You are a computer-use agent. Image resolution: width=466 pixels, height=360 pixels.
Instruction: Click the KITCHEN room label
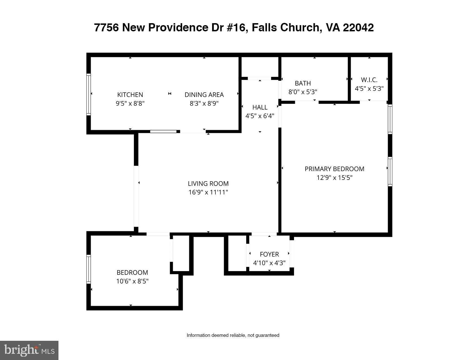pos(130,95)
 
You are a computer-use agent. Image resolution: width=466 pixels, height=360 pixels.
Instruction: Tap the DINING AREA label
pos(204,95)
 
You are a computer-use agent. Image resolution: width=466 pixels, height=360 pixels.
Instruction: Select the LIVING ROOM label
pos(208,184)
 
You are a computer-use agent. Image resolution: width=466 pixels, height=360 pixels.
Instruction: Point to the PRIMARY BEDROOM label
pos(334,169)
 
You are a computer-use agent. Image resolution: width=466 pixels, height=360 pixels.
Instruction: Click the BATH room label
pos(303,83)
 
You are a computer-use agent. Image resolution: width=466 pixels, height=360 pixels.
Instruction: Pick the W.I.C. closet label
pos(369,80)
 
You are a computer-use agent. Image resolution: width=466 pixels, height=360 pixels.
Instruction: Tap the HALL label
pos(260,107)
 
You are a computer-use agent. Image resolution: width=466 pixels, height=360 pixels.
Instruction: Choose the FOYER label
pos(269,254)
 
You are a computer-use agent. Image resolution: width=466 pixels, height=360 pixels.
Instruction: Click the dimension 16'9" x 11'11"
pos(208,192)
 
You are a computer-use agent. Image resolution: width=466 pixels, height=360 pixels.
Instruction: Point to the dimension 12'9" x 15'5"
pos(334,178)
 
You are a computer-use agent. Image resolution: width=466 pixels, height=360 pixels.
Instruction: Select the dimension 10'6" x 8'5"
pos(132,281)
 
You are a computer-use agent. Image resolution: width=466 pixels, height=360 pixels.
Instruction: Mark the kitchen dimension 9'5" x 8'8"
pos(130,103)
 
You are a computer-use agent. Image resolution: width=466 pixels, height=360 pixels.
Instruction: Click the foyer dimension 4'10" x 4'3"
pos(269,263)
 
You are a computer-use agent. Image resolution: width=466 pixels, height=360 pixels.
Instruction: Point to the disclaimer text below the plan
pos(233,335)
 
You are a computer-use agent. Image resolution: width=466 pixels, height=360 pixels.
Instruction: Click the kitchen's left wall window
pos(89,94)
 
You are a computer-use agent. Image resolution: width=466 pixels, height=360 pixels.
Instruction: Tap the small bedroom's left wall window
pos(89,269)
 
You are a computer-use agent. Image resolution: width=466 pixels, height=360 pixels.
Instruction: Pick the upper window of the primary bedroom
pos(390,119)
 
